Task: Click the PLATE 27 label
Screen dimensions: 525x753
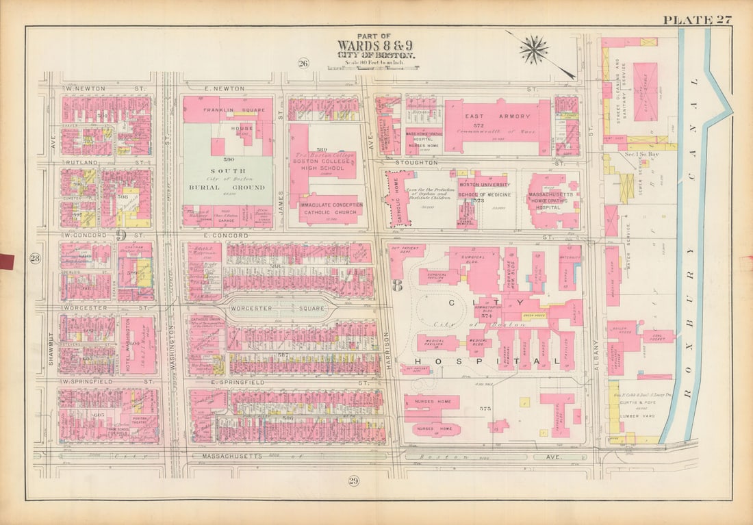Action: pyautogui.click(x=696, y=19)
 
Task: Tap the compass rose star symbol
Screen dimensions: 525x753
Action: pyautogui.click(x=533, y=49)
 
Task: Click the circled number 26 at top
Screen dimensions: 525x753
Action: pyautogui.click(x=303, y=64)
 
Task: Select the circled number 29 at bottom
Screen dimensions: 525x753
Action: pyautogui.click(x=353, y=481)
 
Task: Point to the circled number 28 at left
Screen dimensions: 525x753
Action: pyautogui.click(x=34, y=259)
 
